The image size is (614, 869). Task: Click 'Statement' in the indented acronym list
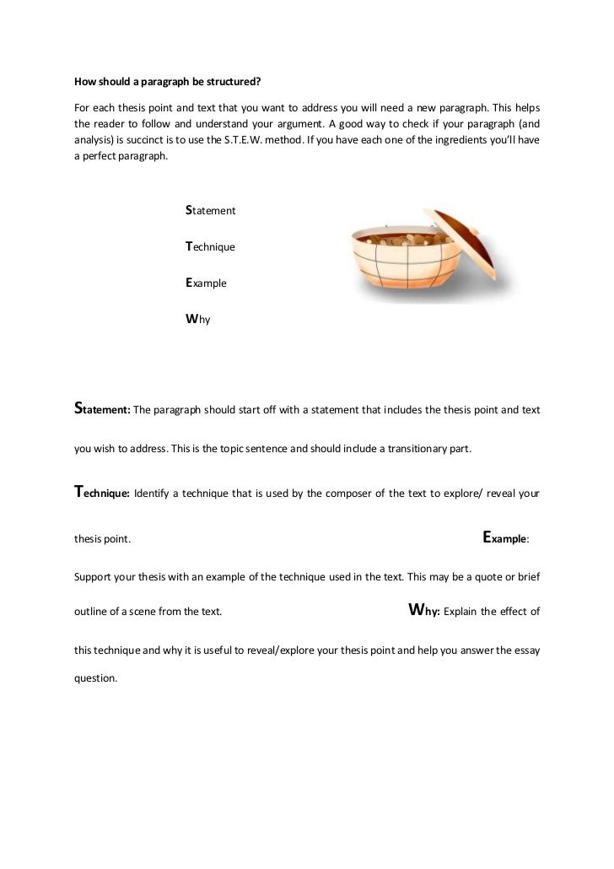point(210,208)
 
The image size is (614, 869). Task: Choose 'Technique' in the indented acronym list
point(210,246)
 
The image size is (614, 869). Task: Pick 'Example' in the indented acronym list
point(206,283)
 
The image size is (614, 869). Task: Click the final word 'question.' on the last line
point(91,677)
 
